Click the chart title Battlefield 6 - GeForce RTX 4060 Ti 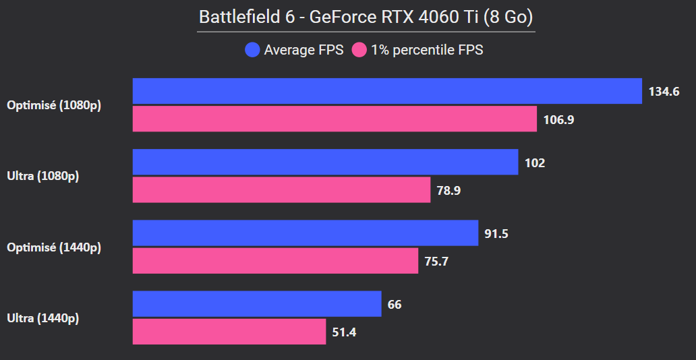click(366, 17)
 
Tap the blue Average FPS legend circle click(253, 50)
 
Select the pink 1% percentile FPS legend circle click(359, 50)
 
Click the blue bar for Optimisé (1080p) click(387, 91)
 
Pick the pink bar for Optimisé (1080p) click(335, 119)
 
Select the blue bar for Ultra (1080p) click(325, 162)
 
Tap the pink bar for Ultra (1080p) click(281, 190)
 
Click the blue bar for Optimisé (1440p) click(306, 233)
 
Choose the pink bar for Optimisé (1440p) click(275, 261)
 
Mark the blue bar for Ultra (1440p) click(257, 304)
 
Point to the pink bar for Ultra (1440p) click(229, 332)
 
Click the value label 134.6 click(664, 92)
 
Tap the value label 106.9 click(558, 120)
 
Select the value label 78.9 click(448, 191)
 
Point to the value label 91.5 click(496, 234)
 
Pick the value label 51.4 click(345, 332)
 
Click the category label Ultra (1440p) click(42, 318)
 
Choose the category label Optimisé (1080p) click(54, 105)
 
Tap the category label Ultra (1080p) click(42, 177)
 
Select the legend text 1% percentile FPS click(427, 50)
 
